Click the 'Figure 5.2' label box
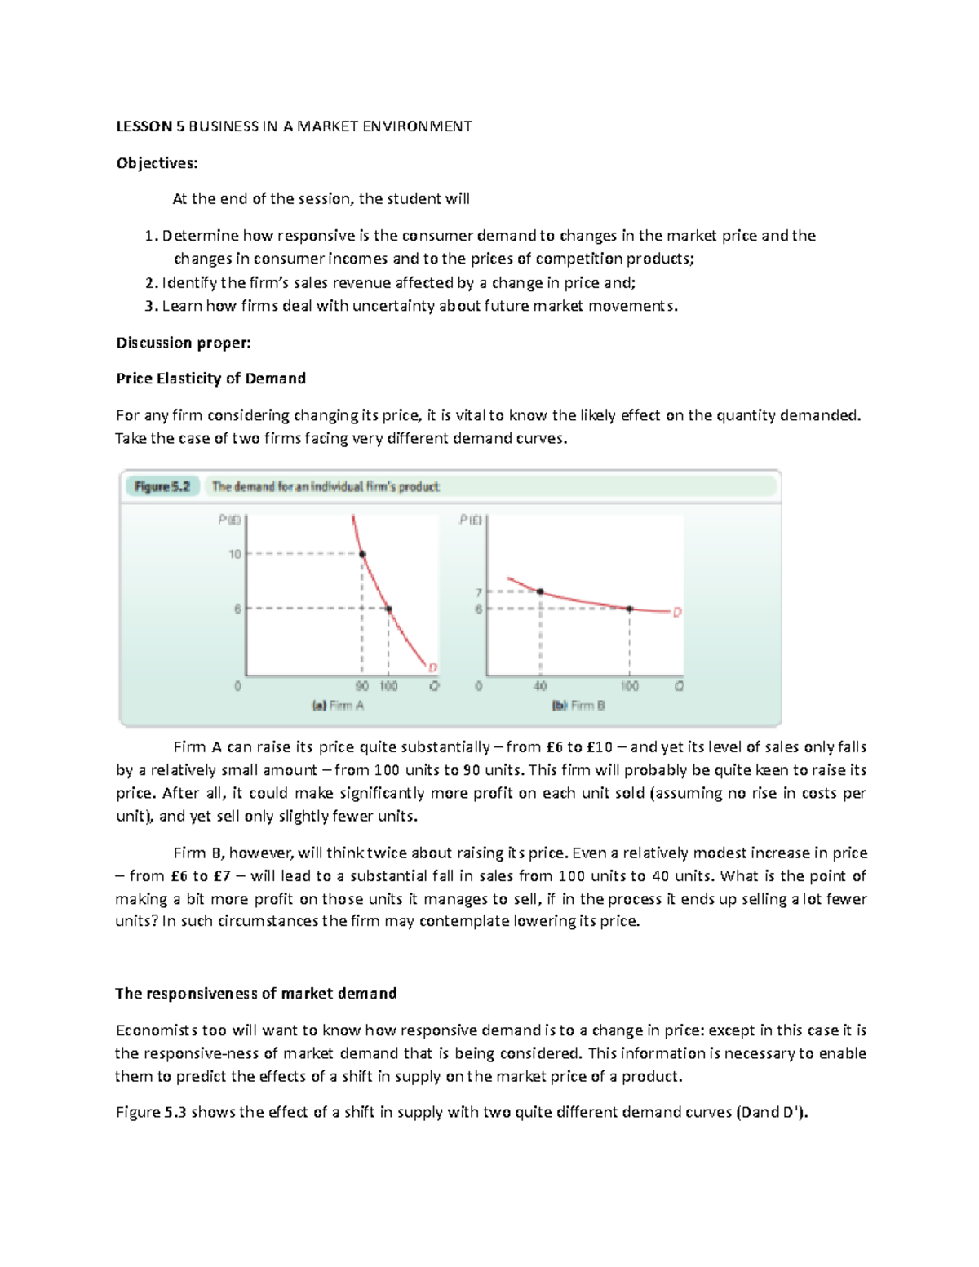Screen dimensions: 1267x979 point(162,487)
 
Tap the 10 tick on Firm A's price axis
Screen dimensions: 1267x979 point(235,554)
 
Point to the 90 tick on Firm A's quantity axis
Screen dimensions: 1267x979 point(362,686)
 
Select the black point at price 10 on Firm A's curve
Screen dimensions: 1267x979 point(363,554)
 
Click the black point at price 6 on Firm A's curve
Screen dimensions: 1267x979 point(388,609)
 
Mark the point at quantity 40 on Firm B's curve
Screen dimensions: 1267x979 point(540,591)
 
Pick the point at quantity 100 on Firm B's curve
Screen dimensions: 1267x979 point(630,609)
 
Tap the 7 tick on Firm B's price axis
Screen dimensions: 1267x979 point(479,592)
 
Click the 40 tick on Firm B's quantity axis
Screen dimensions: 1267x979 point(540,686)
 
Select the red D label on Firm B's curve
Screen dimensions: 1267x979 point(676,612)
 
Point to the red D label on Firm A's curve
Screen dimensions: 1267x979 point(432,667)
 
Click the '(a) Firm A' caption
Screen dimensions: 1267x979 point(338,706)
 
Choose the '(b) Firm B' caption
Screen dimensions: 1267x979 point(578,706)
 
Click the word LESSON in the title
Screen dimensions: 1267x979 point(144,126)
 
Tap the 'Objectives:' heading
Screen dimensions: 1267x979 point(157,163)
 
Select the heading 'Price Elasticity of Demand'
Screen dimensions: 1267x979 point(210,379)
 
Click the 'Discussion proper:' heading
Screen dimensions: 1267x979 point(183,343)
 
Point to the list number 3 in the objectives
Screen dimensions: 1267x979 point(149,306)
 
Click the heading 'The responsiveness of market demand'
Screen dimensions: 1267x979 point(255,994)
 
